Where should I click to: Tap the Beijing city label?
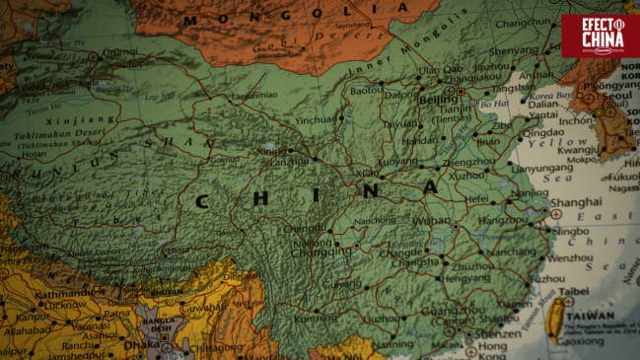tap(438, 100)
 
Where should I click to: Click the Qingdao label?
tap(543, 133)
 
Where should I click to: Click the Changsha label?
tap(418, 263)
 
